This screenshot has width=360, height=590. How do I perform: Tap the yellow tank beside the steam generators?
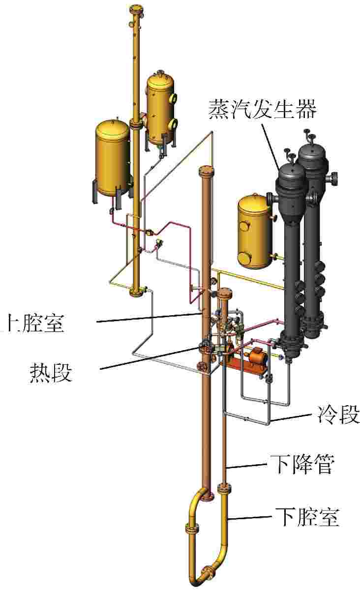255,231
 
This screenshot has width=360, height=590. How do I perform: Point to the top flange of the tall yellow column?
135,10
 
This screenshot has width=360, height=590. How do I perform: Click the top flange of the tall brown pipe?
205,172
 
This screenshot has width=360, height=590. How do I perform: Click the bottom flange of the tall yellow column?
136,294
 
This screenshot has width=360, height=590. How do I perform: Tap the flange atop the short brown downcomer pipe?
224,294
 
